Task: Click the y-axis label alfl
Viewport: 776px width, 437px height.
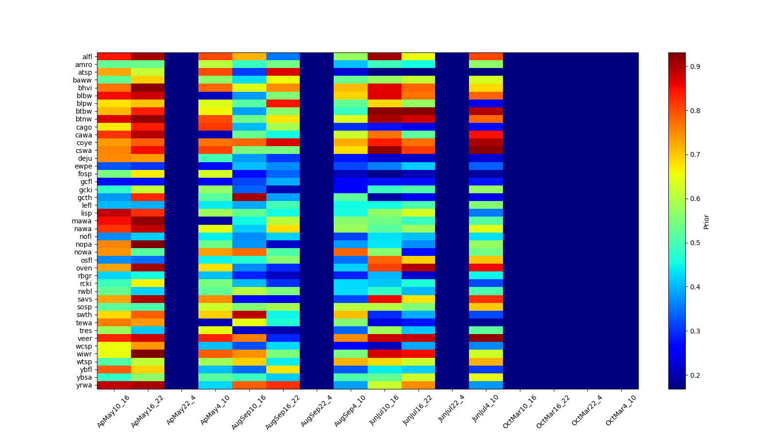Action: (x=87, y=57)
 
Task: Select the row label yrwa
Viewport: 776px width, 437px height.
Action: (x=85, y=385)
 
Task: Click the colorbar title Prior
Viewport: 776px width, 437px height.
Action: (x=706, y=221)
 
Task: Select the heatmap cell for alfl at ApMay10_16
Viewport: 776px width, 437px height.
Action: (x=114, y=56)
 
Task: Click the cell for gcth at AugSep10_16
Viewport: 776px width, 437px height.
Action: (x=249, y=197)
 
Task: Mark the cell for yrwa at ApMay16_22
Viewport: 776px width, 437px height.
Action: (x=148, y=385)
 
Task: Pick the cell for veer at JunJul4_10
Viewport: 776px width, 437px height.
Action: (x=486, y=338)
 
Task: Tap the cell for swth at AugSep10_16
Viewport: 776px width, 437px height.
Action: (x=249, y=315)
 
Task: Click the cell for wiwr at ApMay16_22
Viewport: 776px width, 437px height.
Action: (x=148, y=353)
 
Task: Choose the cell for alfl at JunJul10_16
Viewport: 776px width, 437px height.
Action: (x=385, y=56)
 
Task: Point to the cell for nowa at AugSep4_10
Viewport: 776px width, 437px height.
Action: (x=351, y=252)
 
